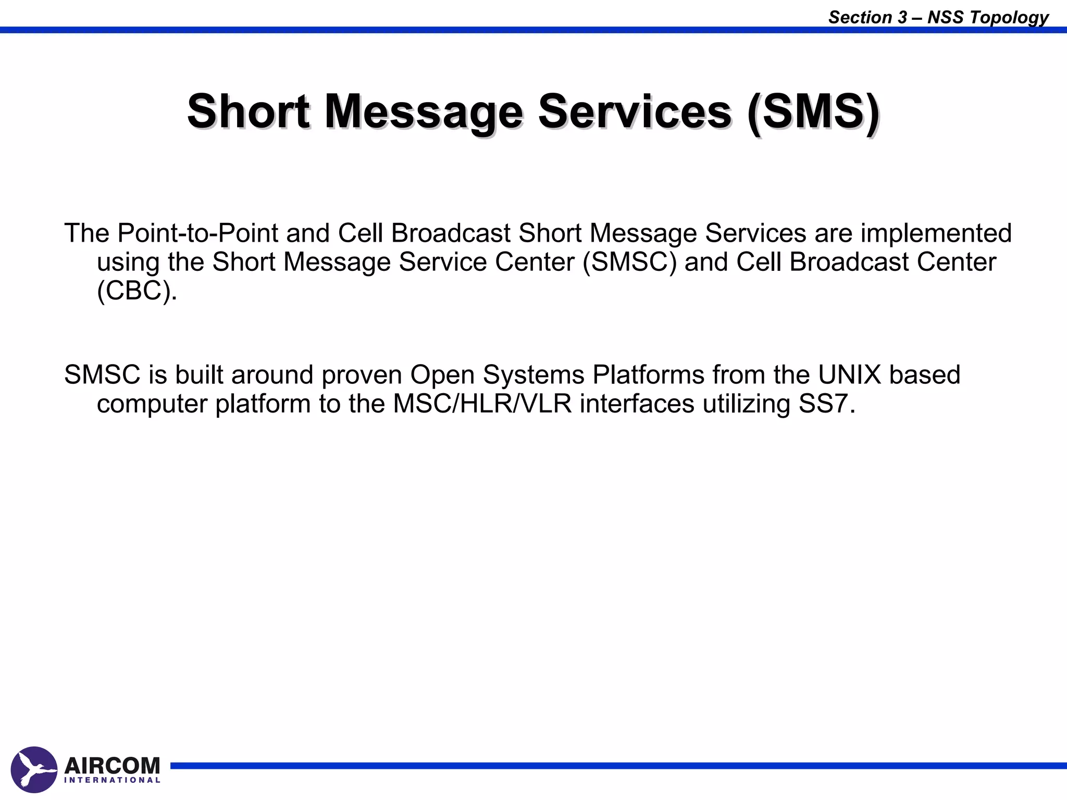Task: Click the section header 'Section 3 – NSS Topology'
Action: click(938, 17)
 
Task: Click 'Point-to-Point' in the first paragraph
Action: click(197, 233)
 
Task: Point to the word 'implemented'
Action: click(936, 233)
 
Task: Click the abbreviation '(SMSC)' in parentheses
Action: click(629, 261)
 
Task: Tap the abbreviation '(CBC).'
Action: click(137, 290)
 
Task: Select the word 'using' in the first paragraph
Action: click(128, 262)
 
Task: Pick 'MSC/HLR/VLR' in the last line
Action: click(482, 404)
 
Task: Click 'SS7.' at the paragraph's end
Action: click(827, 404)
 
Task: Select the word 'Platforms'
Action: click(648, 374)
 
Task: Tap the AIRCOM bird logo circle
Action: click(34, 769)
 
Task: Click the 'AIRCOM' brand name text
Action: click(112, 766)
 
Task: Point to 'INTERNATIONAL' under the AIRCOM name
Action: click(112, 780)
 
